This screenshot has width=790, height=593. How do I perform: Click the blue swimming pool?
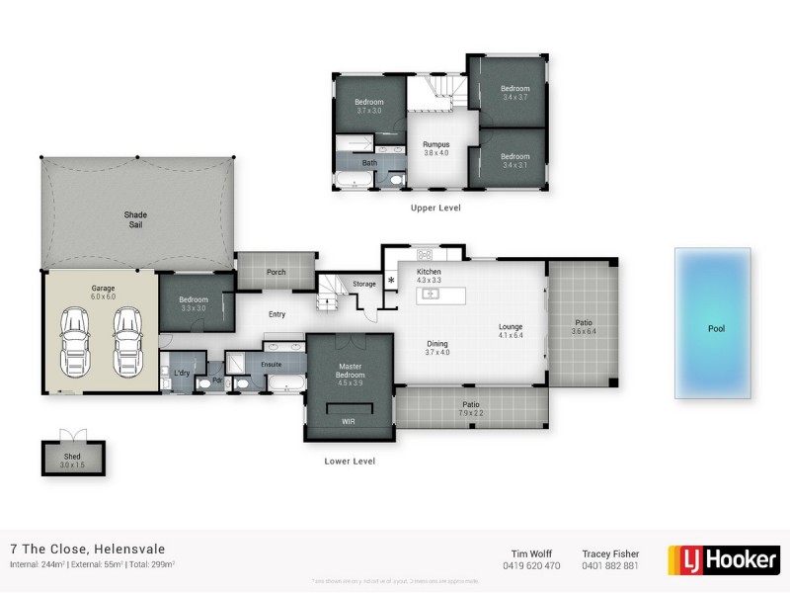pyautogui.click(x=713, y=323)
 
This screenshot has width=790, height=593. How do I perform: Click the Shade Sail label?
pyautogui.click(x=135, y=219)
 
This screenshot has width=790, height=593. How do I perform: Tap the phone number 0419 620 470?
pyautogui.click(x=531, y=566)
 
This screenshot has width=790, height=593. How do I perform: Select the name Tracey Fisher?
pyautogui.click(x=610, y=553)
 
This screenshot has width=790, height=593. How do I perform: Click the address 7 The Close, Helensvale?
pyautogui.click(x=87, y=549)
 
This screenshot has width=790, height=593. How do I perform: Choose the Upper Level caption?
pyautogui.click(x=435, y=209)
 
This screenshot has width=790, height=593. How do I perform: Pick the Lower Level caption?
pyautogui.click(x=350, y=461)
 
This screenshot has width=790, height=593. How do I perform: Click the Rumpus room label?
pyautogui.click(x=435, y=145)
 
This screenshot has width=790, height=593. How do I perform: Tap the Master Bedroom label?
pyautogui.click(x=350, y=371)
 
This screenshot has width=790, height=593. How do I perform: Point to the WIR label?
pyautogui.click(x=348, y=421)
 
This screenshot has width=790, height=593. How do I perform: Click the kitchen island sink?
pyautogui.click(x=432, y=295)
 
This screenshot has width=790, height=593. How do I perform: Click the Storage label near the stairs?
pyautogui.click(x=364, y=284)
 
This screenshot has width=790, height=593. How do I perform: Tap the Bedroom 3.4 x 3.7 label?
pyautogui.click(x=515, y=93)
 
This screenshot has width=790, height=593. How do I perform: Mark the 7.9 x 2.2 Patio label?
pyautogui.click(x=470, y=408)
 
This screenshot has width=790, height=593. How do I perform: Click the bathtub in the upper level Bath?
pyautogui.click(x=353, y=180)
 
